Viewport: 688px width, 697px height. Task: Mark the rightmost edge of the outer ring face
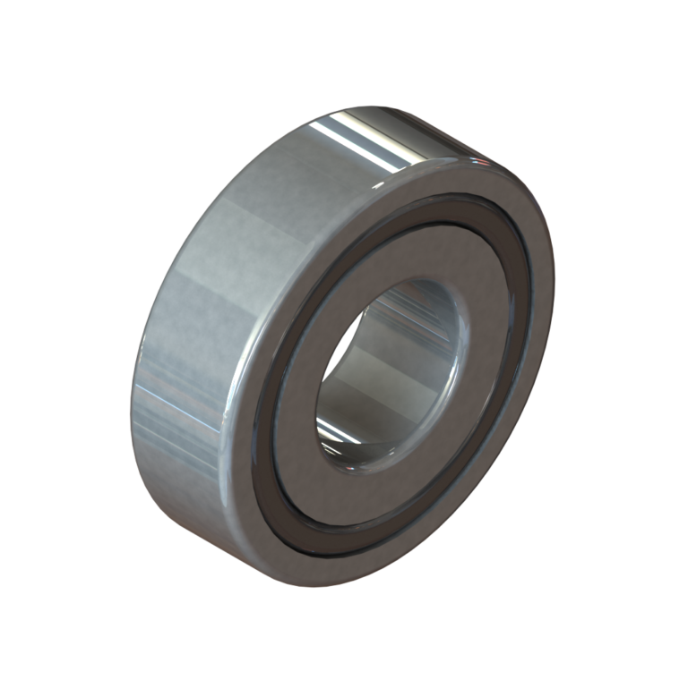click(x=555, y=295)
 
